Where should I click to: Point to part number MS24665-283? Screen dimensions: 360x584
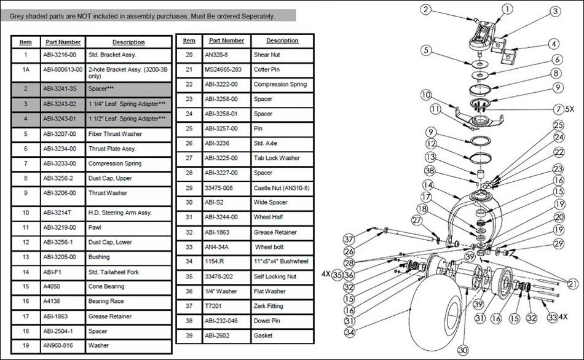pyautogui.click(x=224, y=69)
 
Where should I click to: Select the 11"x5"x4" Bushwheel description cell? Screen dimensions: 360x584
pyautogui.click(x=284, y=262)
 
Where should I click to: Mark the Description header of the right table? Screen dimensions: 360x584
pyautogui.click(x=282, y=41)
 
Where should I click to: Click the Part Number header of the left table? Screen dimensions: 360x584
pyautogui.click(x=62, y=42)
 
